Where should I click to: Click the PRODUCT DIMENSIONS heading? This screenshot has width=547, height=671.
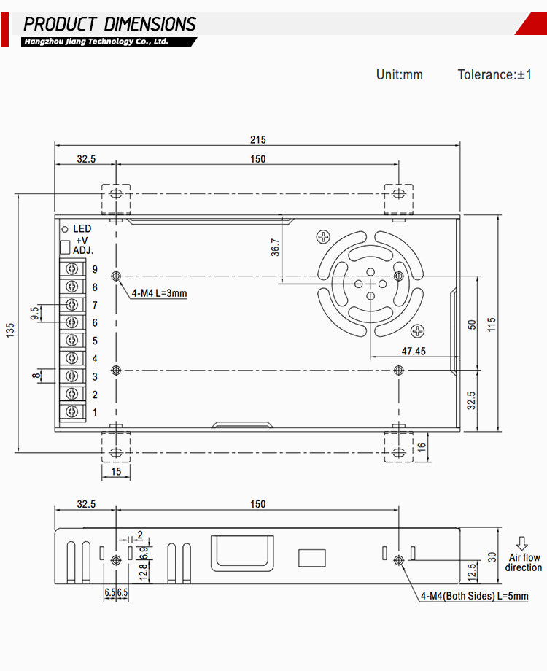coord(110,24)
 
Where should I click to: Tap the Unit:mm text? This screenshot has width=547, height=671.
coord(399,74)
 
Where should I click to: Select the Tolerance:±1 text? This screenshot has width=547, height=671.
coord(494,74)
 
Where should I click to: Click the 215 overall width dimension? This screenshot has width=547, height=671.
coord(257,139)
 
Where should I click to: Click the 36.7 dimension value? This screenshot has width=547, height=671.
coord(275,248)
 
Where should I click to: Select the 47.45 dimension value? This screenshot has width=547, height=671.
coord(413,351)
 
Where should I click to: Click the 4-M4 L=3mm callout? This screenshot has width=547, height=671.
coord(159,294)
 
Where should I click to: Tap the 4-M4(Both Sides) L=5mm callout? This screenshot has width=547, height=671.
coord(474,597)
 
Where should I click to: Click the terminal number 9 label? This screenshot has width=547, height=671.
coord(95,269)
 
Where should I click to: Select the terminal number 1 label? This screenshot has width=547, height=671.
coord(95,412)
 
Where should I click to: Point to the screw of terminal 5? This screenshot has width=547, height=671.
coord(72,341)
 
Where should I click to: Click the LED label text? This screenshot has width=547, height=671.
coord(82,229)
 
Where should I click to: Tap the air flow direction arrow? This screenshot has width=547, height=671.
coord(521,543)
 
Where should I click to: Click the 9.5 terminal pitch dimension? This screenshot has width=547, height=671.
coord(35,313)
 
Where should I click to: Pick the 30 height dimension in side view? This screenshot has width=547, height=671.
coord(492,556)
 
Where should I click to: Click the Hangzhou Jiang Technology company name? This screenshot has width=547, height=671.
coord(96,42)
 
